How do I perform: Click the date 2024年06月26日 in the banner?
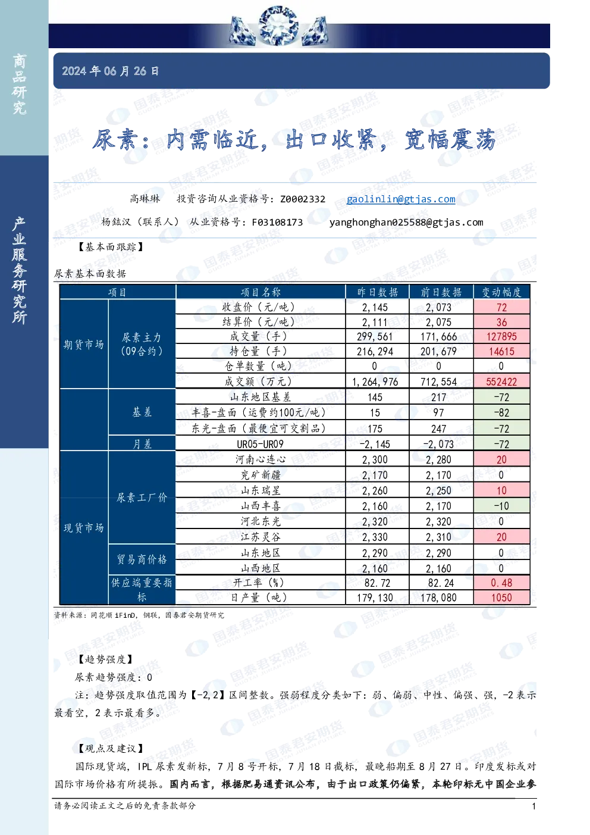click(x=110, y=71)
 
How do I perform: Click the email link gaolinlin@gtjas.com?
click(x=401, y=199)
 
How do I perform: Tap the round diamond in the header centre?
click(x=278, y=26)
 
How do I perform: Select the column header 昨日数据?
click(x=377, y=292)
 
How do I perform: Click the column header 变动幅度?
click(x=501, y=292)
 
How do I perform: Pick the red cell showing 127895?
click(x=501, y=337)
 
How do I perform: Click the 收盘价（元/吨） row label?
click(x=261, y=307)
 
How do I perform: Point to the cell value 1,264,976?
click(x=375, y=381)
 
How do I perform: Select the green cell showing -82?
click(x=501, y=412)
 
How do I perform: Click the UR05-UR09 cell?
click(x=260, y=444)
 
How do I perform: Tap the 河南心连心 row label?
click(x=261, y=459)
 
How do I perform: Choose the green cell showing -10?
click(x=501, y=506)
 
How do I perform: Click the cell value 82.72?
click(x=375, y=583)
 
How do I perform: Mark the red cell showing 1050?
click(x=501, y=598)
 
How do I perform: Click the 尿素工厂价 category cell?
click(x=142, y=498)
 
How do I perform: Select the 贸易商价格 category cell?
click(x=142, y=559)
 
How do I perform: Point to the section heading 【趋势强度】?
click(x=105, y=659)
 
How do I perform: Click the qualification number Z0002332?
click(x=303, y=199)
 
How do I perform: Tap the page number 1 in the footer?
click(x=533, y=806)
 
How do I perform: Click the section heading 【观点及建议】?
click(x=111, y=749)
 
